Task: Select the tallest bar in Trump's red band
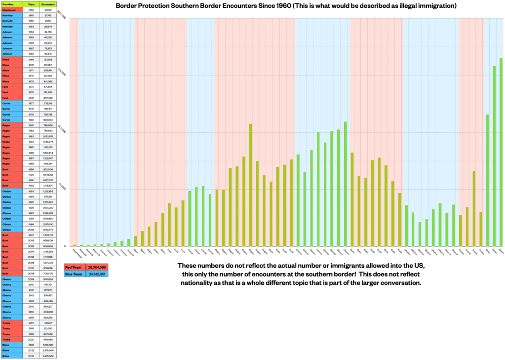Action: click(474, 208)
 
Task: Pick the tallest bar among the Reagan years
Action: click(251, 185)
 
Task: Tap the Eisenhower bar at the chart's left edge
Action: click(75, 245)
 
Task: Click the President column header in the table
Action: click(11, 4)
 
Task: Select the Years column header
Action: click(31, 4)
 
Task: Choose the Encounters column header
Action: click(48, 4)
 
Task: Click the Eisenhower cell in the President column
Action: click(11, 9)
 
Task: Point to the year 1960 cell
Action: click(31, 9)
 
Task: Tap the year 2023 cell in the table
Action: click(31, 356)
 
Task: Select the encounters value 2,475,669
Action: click(48, 356)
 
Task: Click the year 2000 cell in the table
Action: click(31, 229)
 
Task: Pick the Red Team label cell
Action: click(74, 267)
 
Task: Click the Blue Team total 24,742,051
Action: click(96, 273)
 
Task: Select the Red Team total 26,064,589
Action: click(96, 267)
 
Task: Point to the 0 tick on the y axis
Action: click(65, 246)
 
